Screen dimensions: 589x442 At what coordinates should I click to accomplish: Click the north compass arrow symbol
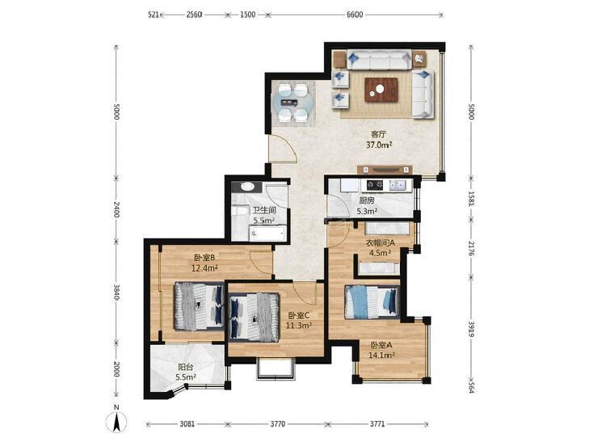pyautogui.click(x=116, y=421)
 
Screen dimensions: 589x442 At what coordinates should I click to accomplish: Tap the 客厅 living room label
pyautogui.click(x=379, y=134)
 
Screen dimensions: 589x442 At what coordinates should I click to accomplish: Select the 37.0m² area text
pyautogui.click(x=379, y=145)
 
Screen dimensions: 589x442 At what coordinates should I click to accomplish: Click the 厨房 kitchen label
pyautogui.click(x=366, y=201)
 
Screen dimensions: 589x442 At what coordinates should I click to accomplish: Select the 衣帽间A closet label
pyautogui.click(x=381, y=242)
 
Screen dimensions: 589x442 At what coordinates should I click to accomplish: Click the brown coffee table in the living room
pyautogui.click(x=381, y=90)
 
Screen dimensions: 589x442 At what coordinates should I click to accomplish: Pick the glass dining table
pyautogui.click(x=293, y=102)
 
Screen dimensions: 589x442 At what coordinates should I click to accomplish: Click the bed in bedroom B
pyautogui.click(x=199, y=306)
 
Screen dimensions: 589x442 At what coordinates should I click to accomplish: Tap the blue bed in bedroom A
pyautogui.click(x=372, y=302)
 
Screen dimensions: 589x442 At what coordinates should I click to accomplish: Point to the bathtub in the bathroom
pyautogui.click(x=267, y=234)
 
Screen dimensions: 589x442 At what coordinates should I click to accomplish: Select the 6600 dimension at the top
pyautogui.click(x=355, y=15)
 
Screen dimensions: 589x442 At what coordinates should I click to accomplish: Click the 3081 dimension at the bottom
pyautogui.click(x=187, y=424)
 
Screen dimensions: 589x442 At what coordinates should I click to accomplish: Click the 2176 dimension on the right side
pyautogui.click(x=472, y=249)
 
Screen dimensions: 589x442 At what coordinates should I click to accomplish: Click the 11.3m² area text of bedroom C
pyautogui.click(x=299, y=326)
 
